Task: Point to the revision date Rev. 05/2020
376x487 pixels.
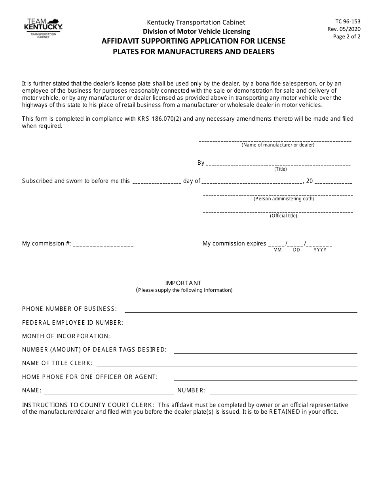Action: click(344, 29)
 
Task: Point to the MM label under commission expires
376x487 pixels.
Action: click(277, 250)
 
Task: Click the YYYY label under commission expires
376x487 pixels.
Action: click(320, 250)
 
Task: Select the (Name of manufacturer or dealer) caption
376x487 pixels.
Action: click(278, 145)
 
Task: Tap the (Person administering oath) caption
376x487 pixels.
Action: click(283, 199)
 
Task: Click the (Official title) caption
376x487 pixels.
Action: click(283, 216)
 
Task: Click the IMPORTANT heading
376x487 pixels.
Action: click(183, 283)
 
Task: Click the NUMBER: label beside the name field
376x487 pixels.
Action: click(192, 391)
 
